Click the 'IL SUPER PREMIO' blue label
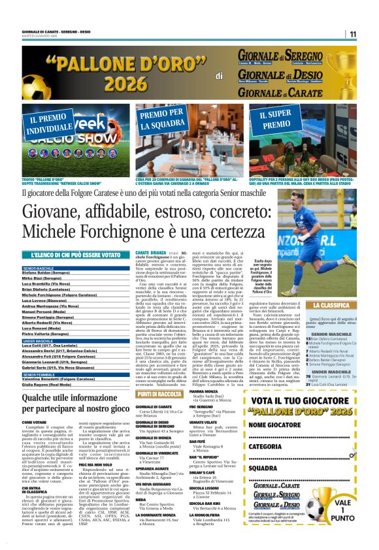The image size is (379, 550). pyautogui.click(x=276, y=120)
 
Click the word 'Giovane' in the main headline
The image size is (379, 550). pyautogui.click(x=58, y=213)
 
